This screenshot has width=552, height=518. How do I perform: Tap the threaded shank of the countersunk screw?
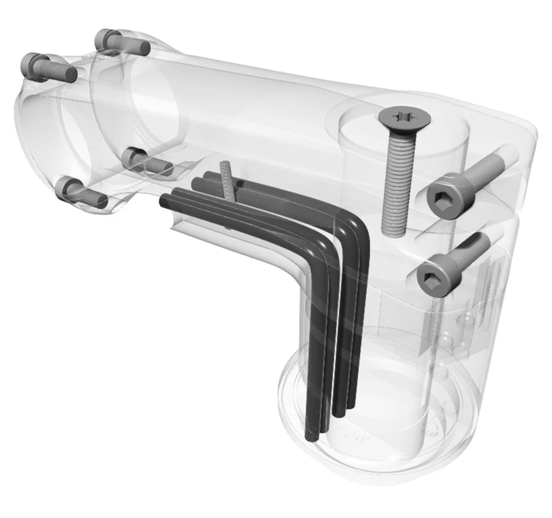(x=396, y=177)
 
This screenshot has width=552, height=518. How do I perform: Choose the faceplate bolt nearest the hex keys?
(x=149, y=162)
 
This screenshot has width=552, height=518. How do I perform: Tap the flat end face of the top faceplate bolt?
(x=145, y=49)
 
